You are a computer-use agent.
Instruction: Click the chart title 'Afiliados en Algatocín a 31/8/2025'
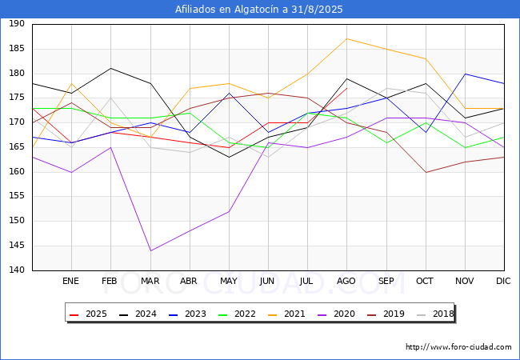(x=259, y=10)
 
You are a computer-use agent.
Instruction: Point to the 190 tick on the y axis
(x=16, y=25)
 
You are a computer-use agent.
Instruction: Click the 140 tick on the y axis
(x=16, y=270)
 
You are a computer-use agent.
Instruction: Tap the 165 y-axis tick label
(x=16, y=147)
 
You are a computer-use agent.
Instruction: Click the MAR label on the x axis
(x=150, y=282)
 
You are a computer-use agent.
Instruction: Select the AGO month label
(x=346, y=282)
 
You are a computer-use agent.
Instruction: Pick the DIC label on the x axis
(x=503, y=282)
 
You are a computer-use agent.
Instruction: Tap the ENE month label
(x=71, y=282)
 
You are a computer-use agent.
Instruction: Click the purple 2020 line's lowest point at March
(x=150, y=250)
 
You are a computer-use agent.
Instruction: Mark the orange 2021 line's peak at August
(x=346, y=38)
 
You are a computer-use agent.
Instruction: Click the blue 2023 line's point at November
(x=464, y=74)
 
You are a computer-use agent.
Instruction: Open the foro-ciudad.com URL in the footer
(x=458, y=347)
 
